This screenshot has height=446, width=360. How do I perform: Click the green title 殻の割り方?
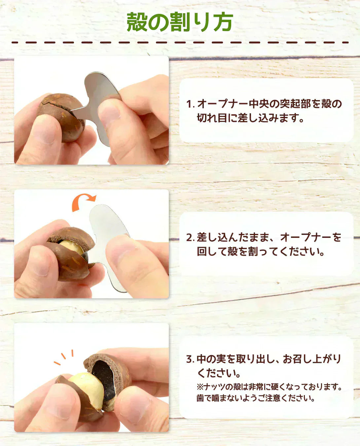point(180,22)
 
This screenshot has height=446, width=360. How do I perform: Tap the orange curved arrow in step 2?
point(84,200)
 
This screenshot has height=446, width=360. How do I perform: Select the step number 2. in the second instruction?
point(191,238)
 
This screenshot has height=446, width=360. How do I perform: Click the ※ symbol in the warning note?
point(200,387)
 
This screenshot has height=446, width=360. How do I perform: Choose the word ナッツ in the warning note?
point(214,387)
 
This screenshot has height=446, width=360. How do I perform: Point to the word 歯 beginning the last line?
point(200,398)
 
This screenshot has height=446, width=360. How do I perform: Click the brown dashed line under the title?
point(180,43)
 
